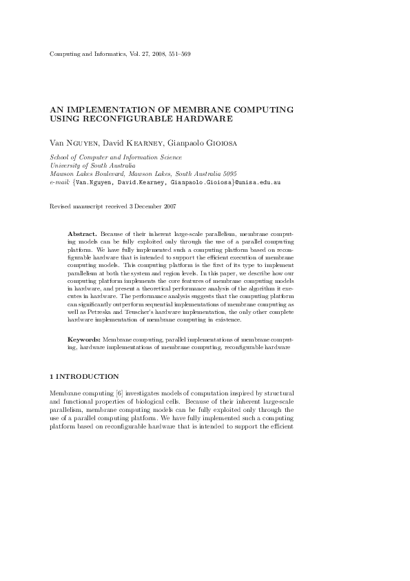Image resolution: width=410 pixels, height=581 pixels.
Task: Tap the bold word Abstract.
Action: point(83,235)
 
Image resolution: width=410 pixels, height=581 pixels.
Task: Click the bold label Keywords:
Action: point(84,340)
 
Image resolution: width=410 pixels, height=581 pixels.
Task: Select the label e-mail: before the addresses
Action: point(60,184)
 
